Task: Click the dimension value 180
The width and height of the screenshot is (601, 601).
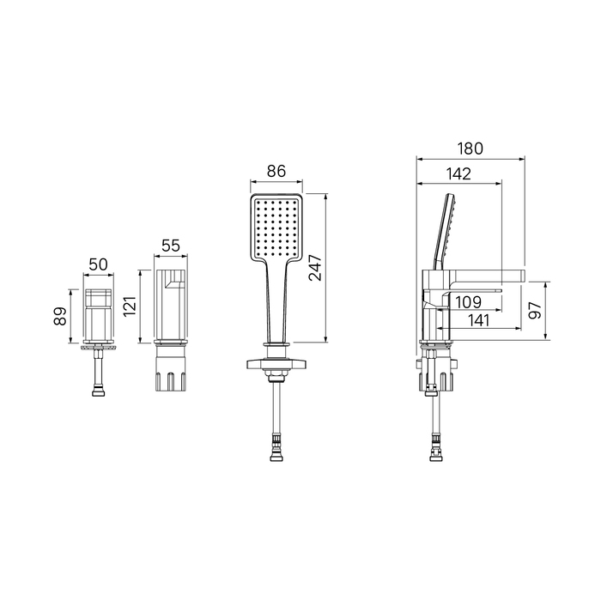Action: pos(470,149)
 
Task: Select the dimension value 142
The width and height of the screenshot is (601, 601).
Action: pos(458,174)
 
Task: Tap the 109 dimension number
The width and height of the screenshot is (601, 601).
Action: pos(469,302)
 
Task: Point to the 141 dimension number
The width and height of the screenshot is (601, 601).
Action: pos(479,320)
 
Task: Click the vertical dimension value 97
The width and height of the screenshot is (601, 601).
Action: pos(534,310)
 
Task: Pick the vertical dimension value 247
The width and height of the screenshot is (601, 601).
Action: pos(316,268)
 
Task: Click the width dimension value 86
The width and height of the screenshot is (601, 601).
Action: pos(276,171)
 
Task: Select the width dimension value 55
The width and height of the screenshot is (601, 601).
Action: pos(171,246)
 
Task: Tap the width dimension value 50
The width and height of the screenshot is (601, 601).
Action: pos(99,264)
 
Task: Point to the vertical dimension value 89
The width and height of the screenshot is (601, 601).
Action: pos(60,316)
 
